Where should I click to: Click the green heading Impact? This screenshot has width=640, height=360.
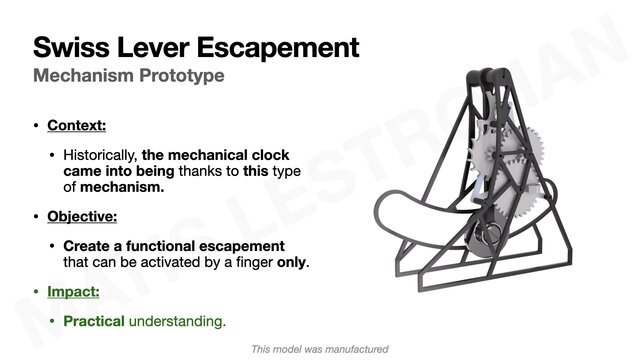pos(74,292)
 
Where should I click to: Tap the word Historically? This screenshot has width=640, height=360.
pos(100,156)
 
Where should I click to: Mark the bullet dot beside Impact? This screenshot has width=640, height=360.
pos(37,292)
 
